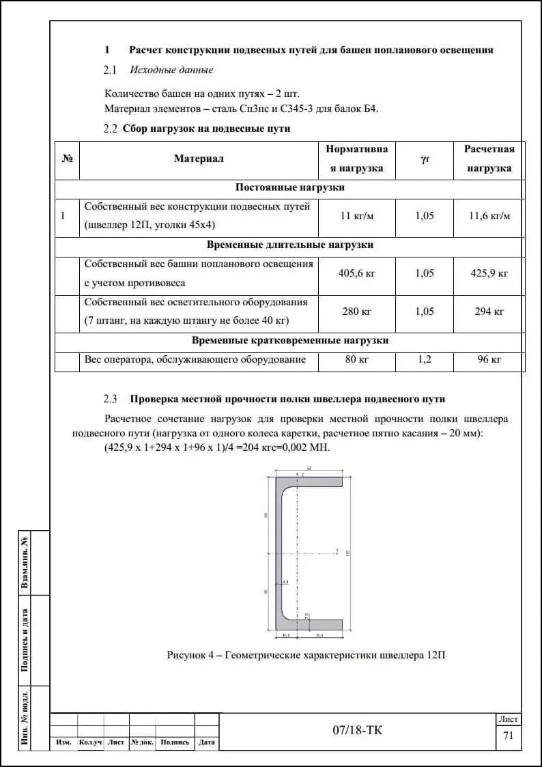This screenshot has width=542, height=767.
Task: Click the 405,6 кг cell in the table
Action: coord(356,273)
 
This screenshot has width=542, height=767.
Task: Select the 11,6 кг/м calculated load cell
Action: coord(489,216)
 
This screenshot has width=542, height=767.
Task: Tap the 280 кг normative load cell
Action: coord(356,311)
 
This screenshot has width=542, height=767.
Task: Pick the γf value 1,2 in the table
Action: coord(424,359)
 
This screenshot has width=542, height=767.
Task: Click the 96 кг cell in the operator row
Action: coord(489,359)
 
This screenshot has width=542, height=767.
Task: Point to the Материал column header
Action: coord(199,158)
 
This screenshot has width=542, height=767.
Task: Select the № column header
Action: coord(68,158)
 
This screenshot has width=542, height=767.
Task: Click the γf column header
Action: coord(424,158)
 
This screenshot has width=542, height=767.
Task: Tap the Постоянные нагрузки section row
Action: coord(289,187)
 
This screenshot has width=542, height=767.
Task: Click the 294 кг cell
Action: coord(489,311)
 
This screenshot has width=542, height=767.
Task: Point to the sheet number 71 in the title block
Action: coord(507,736)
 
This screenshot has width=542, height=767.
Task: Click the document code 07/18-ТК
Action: coord(357,731)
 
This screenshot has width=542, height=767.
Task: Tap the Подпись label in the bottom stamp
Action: coord(175,742)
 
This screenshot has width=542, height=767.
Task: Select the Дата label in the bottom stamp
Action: coord(206,742)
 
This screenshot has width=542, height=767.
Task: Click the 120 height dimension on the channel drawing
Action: coord(347,553)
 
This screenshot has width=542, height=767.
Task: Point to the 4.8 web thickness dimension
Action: coord(285,582)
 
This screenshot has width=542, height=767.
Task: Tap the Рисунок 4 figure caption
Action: coord(306,655)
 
